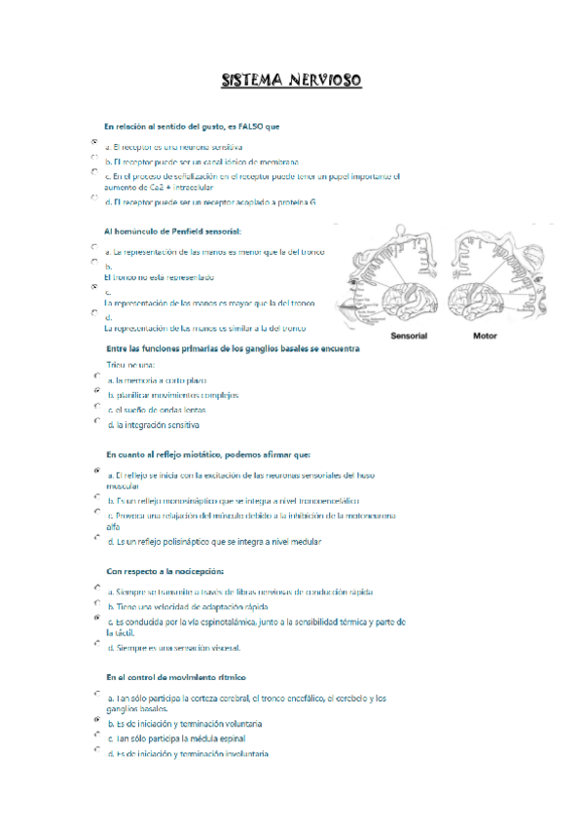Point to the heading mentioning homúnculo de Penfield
(x=171, y=231)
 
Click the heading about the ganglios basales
(x=233, y=347)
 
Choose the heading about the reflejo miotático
(x=207, y=454)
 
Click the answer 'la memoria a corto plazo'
(x=158, y=380)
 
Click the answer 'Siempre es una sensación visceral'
(x=174, y=648)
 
